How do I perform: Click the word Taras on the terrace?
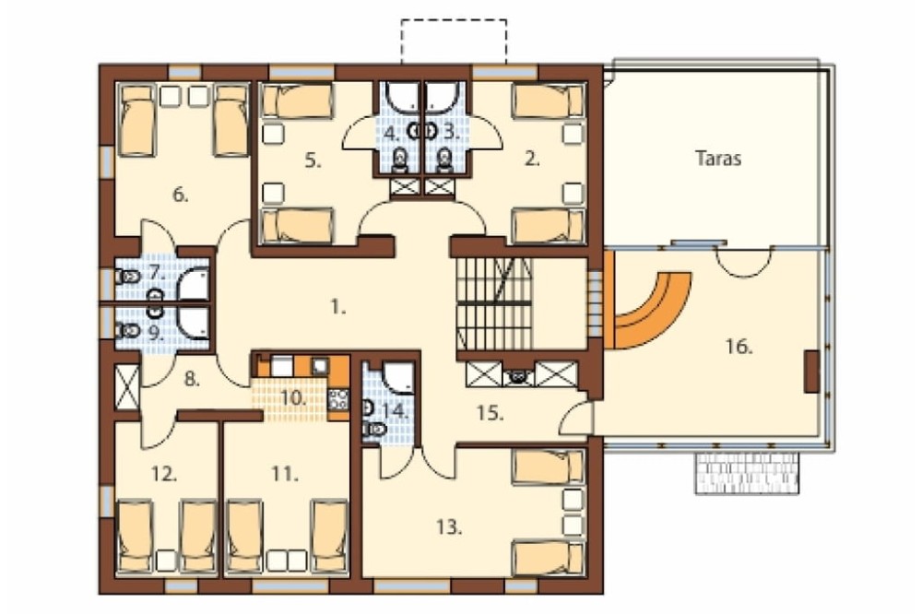[x=718, y=159]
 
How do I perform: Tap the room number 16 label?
[x=739, y=347]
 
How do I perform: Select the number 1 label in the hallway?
[x=338, y=306]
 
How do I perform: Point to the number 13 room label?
[x=449, y=527]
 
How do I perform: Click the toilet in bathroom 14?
[x=374, y=430]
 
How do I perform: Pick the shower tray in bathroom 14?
[x=398, y=377]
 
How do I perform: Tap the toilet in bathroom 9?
[x=129, y=331]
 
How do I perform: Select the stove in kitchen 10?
[x=338, y=399]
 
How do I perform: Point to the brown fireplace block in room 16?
[x=812, y=372]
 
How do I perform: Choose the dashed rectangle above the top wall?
[x=454, y=41]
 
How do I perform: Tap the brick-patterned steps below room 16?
[x=747, y=473]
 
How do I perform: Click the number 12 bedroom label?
[x=164, y=474]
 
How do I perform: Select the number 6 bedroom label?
[x=181, y=195]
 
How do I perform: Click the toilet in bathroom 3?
[x=445, y=160]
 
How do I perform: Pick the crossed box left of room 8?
[x=127, y=386]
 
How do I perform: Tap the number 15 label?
[x=490, y=413]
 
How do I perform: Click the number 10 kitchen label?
[x=293, y=397]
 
